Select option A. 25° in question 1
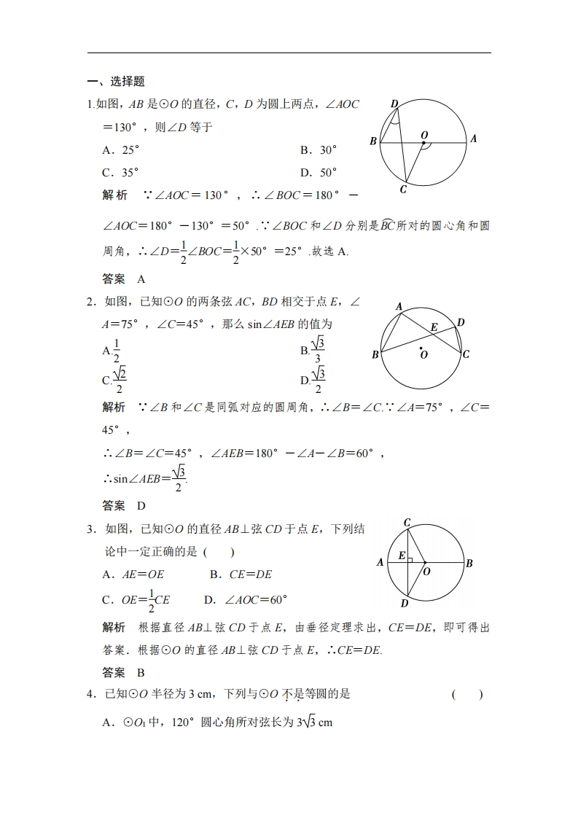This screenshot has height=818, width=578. [x=121, y=150]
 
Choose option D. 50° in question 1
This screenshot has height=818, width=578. [x=319, y=173]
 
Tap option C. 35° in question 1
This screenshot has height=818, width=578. [x=121, y=173]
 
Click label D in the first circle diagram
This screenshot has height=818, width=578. [x=394, y=104]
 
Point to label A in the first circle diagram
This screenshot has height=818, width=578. [x=473, y=138]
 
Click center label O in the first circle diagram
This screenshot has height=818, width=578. [x=424, y=134]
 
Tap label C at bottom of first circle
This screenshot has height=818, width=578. [x=403, y=190]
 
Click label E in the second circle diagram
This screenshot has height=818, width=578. [x=433, y=327]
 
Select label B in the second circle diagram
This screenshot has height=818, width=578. [x=375, y=355]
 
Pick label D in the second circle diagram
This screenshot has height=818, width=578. [x=461, y=322]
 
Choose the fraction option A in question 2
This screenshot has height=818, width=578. [x=112, y=351]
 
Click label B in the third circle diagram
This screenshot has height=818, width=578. [x=469, y=563]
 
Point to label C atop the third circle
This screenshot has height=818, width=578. [x=407, y=522]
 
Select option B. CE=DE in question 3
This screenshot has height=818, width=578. [x=241, y=574]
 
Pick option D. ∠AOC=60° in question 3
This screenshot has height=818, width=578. [x=246, y=600]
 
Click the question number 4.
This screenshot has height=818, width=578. [x=91, y=694]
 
